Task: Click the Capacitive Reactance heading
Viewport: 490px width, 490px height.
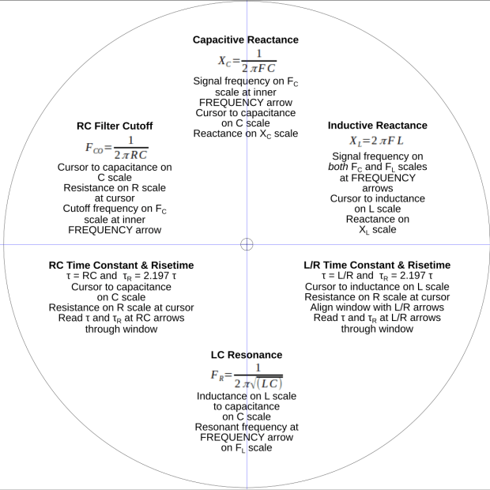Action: [246, 40]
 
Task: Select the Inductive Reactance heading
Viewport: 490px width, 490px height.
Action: [377, 126]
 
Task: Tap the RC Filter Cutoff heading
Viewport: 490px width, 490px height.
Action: [115, 126]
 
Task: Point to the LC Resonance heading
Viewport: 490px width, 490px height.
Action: [246, 355]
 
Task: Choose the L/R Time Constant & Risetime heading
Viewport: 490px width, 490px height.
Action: [377, 265]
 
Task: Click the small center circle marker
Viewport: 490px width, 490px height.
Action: [247, 244]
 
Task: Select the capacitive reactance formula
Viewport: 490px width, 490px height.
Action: [246, 59]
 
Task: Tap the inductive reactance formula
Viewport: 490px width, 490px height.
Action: [376, 140]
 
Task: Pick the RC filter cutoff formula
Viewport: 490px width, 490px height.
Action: [115, 147]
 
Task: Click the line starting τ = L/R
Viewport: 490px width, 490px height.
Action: [377, 276]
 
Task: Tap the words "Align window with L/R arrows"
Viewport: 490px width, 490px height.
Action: [377, 307]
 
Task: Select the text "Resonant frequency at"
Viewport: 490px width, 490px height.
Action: [246, 427]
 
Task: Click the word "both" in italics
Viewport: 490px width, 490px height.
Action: [340, 167]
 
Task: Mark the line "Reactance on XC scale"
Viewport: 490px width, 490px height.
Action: [246, 134]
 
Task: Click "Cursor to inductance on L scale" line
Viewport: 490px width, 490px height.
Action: [377, 286]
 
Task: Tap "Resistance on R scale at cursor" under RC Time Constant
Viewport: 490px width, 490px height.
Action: [122, 307]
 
